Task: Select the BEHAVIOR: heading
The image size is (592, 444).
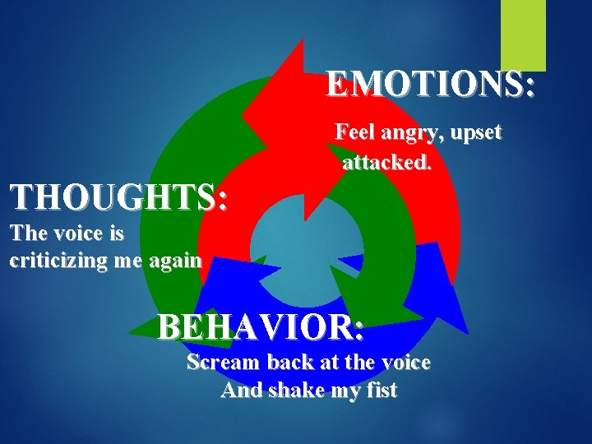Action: [261, 327]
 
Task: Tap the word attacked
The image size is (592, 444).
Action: [386, 163]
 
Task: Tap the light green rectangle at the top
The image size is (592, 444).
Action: [524, 35]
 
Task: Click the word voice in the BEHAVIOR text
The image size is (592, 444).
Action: [403, 362]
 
